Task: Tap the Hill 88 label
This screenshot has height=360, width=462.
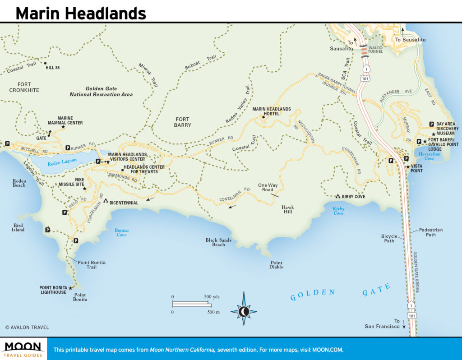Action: coord(53,68)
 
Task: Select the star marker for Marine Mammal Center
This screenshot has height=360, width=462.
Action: coord(63,127)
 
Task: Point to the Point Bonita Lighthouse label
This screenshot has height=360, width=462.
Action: coord(53,290)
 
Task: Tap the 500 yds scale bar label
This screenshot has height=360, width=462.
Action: coord(212,296)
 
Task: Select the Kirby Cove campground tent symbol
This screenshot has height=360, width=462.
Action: coord(337,196)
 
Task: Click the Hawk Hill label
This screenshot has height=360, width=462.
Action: coord(287,209)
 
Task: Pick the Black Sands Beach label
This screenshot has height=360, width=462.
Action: coord(218,242)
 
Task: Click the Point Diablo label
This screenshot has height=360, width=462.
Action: coord(277,265)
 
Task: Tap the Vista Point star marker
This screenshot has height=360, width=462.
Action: coord(408,167)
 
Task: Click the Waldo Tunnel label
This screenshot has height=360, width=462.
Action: coord(375,49)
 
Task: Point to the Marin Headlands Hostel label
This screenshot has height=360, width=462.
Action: coord(272,111)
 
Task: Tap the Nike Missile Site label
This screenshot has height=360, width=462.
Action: coord(71,182)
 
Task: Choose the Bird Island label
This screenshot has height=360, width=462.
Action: coord(18,227)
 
